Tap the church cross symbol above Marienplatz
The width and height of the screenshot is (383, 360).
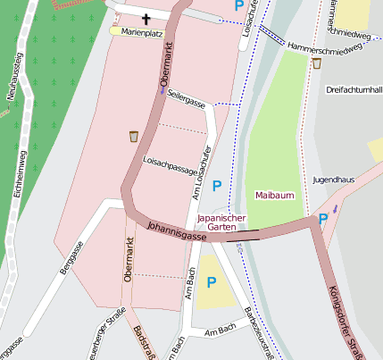[x=146, y=18]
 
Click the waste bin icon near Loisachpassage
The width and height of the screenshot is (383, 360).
[x=133, y=136]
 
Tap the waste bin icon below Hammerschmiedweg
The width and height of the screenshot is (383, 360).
[x=317, y=63]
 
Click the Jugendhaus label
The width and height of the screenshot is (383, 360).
[x=333, y=180]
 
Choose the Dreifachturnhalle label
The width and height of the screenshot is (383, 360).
[x=354, y=90]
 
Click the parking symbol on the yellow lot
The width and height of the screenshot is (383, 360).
[x=212, y=282]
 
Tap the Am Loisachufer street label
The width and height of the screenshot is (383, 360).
[x=201, y=172]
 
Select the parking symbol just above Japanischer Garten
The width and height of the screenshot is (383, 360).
[x=218, y=185]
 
